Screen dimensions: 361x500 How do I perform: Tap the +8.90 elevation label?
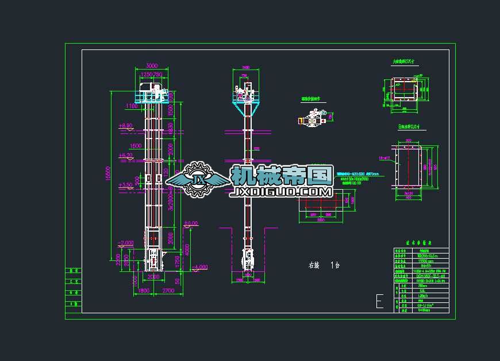click(125, 125)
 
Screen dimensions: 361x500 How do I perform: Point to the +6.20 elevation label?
click(125, 155)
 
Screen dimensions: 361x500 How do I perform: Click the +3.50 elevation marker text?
click(125, 185)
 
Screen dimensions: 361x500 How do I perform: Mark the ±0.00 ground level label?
click(190, 223)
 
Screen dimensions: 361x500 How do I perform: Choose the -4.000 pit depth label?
click(201, 267)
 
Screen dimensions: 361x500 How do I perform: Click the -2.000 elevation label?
click(125, 243)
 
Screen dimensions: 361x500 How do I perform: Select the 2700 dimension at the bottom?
click(168, 291)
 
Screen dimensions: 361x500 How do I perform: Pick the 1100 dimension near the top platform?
click(132, 106)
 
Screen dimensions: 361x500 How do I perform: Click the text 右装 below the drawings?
click(314, 266)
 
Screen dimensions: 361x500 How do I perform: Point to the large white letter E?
click(379, 301)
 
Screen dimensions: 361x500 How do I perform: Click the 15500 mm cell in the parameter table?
click(426, 260)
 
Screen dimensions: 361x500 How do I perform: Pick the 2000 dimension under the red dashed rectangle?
click(320, 220)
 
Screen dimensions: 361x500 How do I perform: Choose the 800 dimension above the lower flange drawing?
click(409, 140)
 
